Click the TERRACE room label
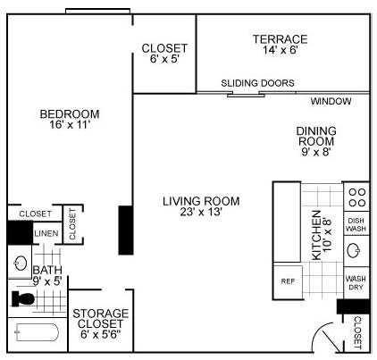[x=280, y=39]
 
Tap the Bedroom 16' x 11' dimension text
[x=70, y=124]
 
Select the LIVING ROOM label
[x=201, y=201]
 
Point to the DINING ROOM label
[x=316, y=136]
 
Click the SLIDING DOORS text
[x=257, y=83]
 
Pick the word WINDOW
[x=331, y=101]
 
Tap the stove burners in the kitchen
[x=357, y=197]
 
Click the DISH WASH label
[x=356, y=224]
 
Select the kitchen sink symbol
[x=354, y=250]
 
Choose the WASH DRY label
[x=356, y=283]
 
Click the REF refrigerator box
[x=288, y=281]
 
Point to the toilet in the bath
[x=22, y=298]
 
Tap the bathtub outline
[x=37, y=332]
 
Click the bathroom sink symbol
[x=21, y=263]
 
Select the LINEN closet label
[x=46, y=233]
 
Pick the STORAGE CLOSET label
[x=101, y=318]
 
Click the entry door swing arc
[x=320, y=331]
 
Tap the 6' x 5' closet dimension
[x=164, y=59]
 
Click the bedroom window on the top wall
[x=97, y=11]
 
